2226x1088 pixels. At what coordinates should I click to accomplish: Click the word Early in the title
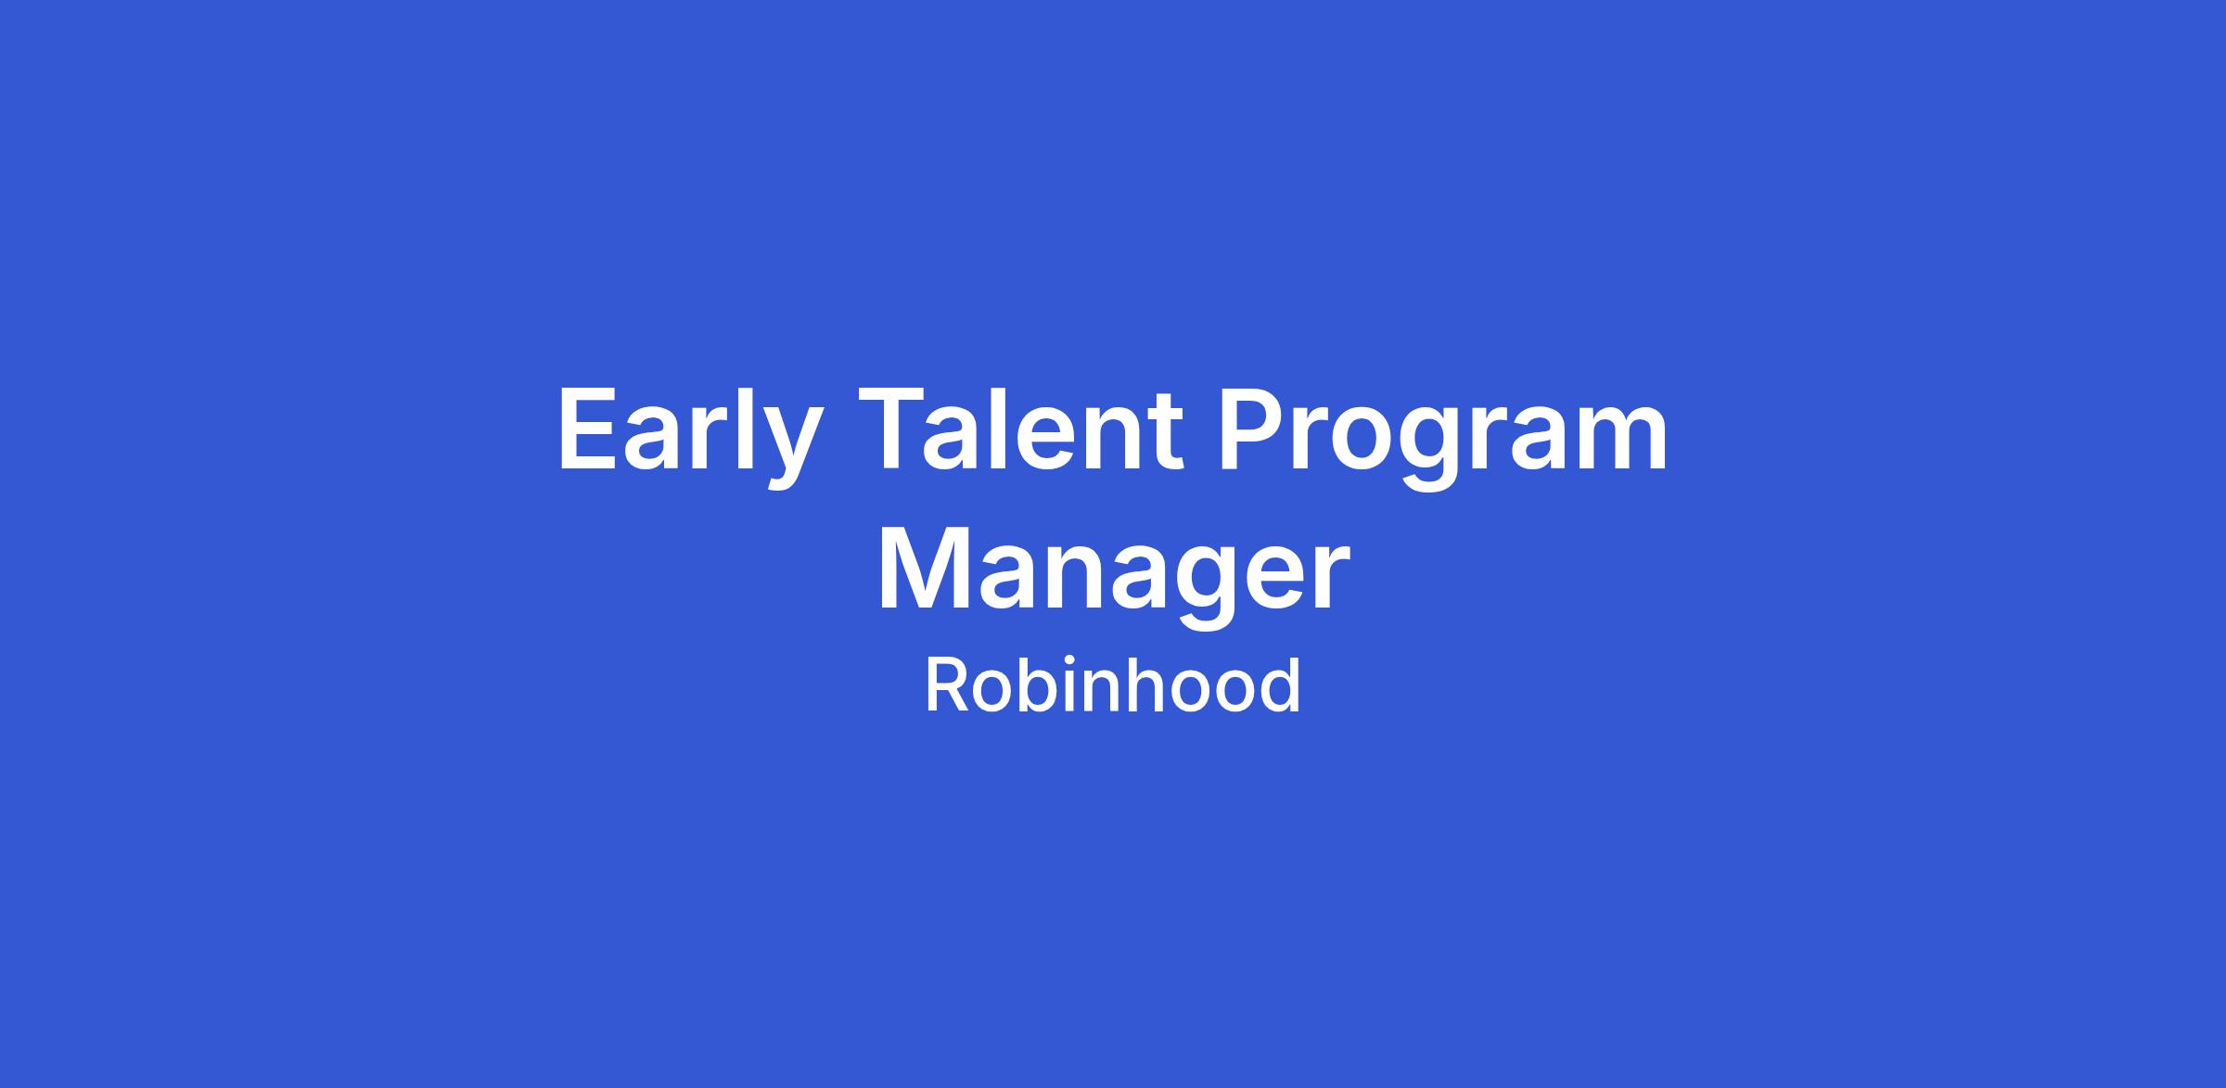[x=690, y=436]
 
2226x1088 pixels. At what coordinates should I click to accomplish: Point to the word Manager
[x=1113, y=575]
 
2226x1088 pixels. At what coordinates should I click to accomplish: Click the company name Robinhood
[x=1113, y=686]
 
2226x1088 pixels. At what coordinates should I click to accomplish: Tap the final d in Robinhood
[x=1281, y=686]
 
